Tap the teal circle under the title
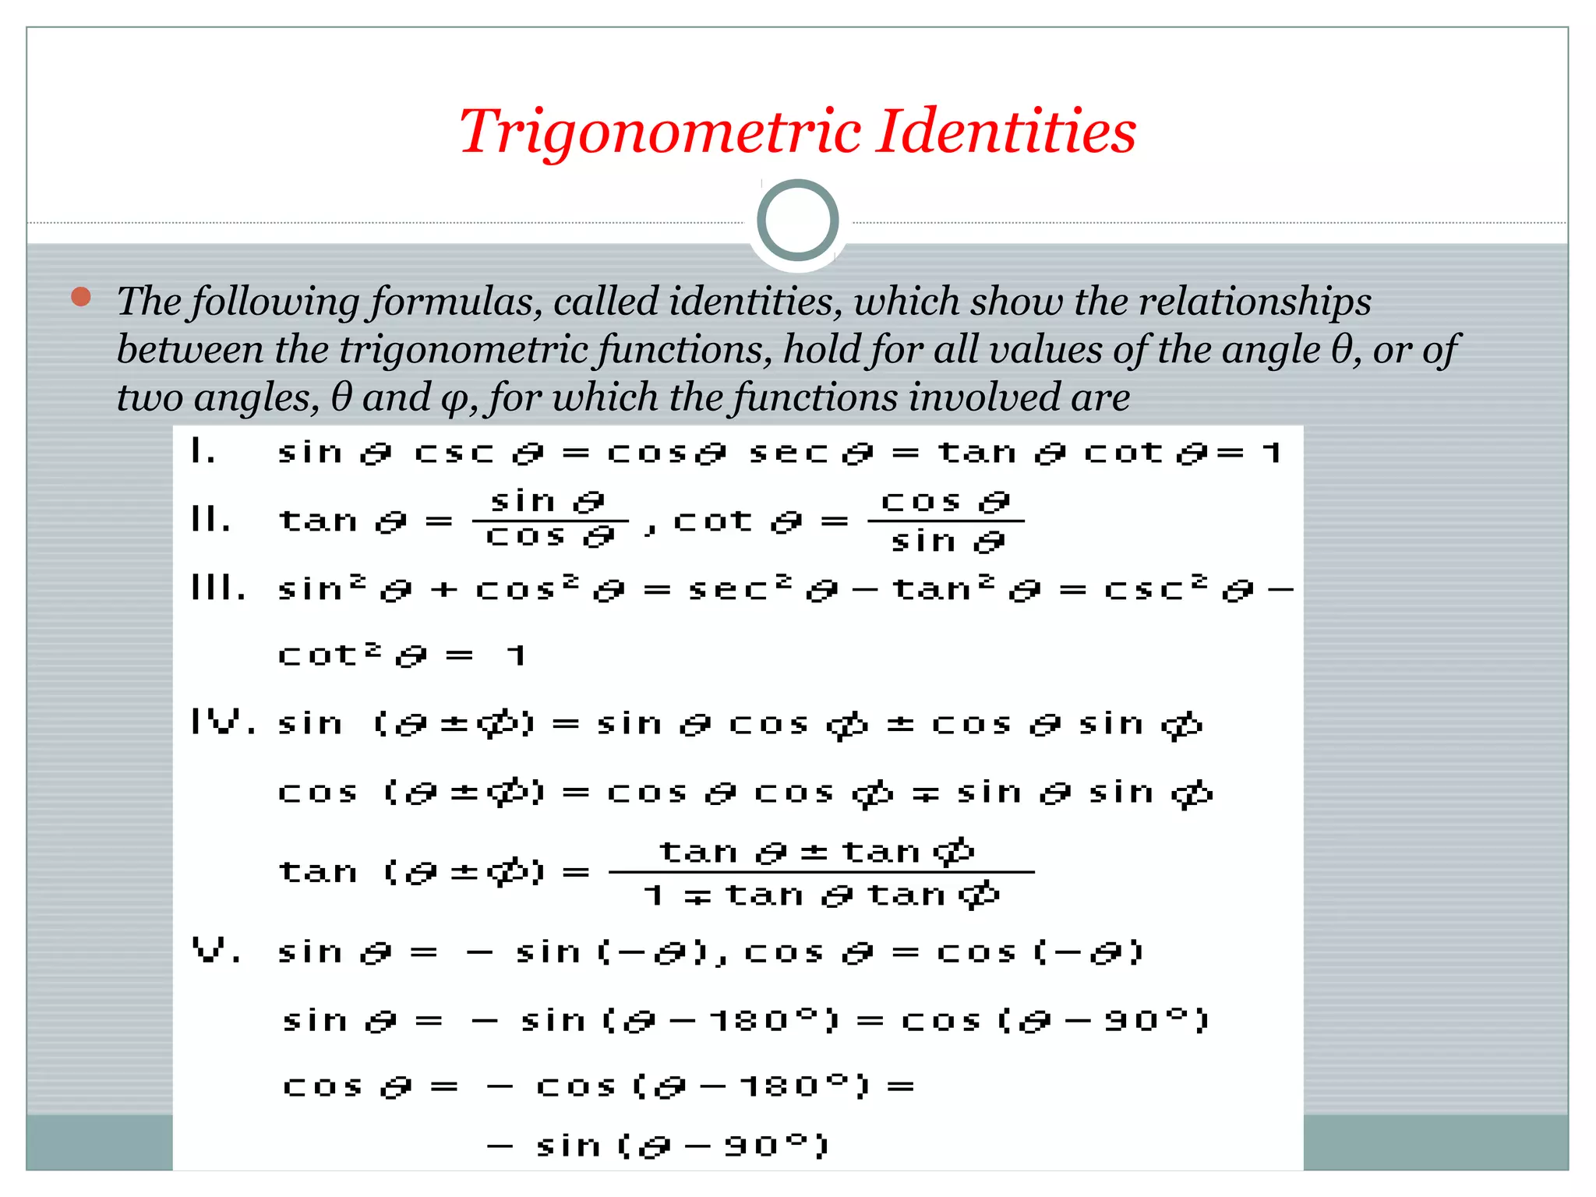tap(797, 220)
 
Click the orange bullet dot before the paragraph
tap(81, 297)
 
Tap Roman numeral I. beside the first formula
tap(203, 451)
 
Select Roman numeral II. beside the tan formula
tap(210, 519)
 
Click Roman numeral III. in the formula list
tap(218, 588)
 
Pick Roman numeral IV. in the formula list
tap(223, 723)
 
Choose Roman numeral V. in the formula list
tap(217, 951)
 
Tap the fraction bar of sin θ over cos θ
tap(550, 521)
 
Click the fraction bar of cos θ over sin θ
tap(945, 521)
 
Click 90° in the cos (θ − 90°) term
tap(1146, 1020)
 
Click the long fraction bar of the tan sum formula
tap(821, 872)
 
